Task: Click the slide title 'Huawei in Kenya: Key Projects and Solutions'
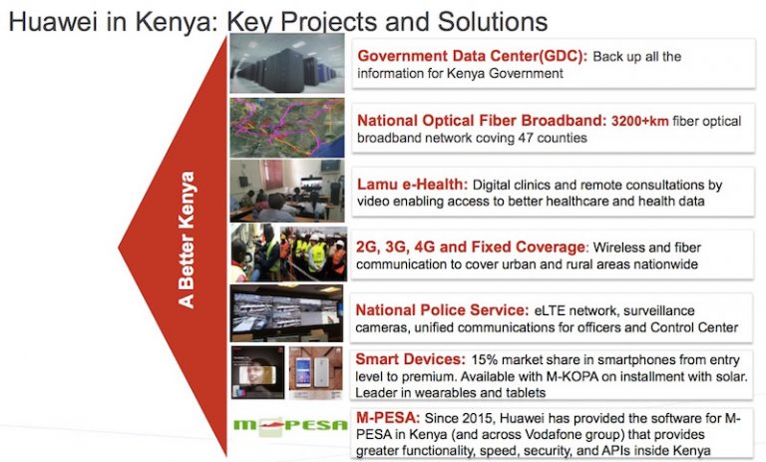click(x=278, y=22)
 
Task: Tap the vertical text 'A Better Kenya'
click(x=187, y=239)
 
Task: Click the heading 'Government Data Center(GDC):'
click(x=473, y=56)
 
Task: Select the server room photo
click(x=287, y=63)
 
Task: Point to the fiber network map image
click(x=287, y=128)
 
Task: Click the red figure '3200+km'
click(x=640, y=121)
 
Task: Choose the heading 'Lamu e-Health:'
click(x=412, y=185)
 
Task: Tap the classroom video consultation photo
click(x=287, y=191)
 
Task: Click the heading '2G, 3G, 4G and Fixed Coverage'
click(x=471, y=247)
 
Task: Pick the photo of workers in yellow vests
click(x=289, y=252)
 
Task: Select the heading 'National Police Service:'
click(x=442, y=310)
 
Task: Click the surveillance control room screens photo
click(x=287, y=313)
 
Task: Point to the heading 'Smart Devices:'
click(x=410, y=359)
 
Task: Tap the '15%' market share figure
click(x=484, y=360)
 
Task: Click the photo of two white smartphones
click(x=315, y=373)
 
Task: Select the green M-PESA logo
click(x=290, y=425)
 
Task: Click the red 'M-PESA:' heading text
click(x=388, y=418)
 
